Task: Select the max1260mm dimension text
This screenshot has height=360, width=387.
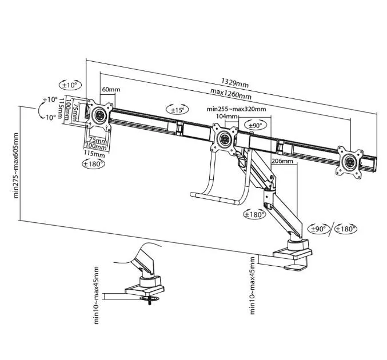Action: click(230, 94)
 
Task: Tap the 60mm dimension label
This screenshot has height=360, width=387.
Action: click(111, 90)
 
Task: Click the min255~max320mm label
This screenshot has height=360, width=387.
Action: click(236, 109)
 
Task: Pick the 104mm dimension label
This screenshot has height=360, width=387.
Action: click(225, 117)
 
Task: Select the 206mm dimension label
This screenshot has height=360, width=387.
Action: click(283, 162)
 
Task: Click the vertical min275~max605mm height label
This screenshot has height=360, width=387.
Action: click(15, 166)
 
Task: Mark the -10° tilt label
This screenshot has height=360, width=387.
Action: click(49, 118)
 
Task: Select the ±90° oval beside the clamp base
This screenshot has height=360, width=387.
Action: click(318, 229)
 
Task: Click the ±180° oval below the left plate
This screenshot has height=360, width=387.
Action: click(93, 163)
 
